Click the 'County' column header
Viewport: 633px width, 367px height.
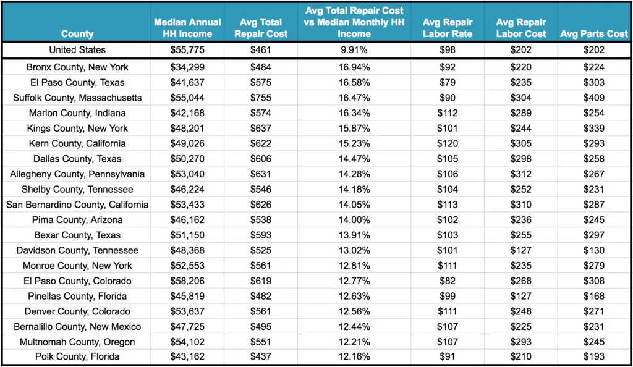coord(77,34)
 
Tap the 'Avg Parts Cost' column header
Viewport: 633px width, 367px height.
coord(593,34)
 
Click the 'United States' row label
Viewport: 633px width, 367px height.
coord(77,50)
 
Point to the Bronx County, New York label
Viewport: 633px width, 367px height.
coord(77,67)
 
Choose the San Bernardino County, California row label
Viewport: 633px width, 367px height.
coord(77,205)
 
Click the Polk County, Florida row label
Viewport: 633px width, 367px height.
coord(77,357)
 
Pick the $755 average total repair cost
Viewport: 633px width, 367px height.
coord(261,98)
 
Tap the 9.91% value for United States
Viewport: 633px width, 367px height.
coord(354,50)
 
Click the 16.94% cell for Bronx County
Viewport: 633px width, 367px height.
coord(354,67)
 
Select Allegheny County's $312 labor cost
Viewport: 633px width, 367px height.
coord(521,174)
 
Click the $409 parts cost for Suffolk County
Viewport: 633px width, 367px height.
coord(593,98)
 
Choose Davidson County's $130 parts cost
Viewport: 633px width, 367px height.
coord(593,250)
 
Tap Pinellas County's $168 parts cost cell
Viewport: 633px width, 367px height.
coord(593,296)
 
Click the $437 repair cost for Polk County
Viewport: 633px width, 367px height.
coord(261,357)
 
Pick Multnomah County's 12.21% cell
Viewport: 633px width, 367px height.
coord(354,342)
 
